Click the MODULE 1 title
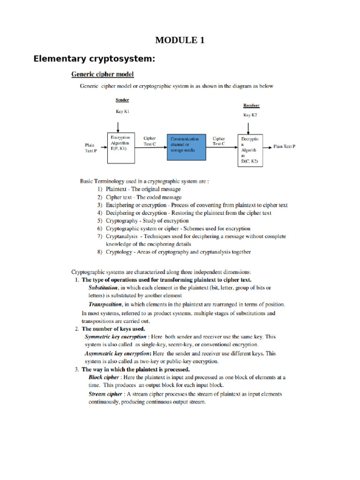point(180,40)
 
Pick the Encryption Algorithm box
point(121,147)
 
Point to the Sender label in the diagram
point(122,100)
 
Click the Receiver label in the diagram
point(251,105)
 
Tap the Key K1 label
point(122,112)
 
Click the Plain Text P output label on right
point(285,147)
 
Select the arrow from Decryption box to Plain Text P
point(268,147)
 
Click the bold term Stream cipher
point(105,394)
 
